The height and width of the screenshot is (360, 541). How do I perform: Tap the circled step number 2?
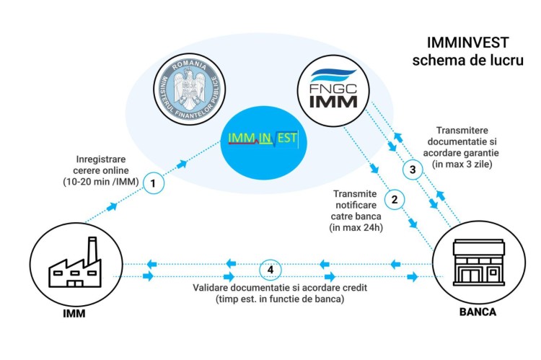(394, 197)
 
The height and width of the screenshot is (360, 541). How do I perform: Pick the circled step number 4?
(270, 269)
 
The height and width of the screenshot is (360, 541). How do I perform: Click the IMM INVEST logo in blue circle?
(263, 140)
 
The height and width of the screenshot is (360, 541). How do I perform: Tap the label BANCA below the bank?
(478, 313)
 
